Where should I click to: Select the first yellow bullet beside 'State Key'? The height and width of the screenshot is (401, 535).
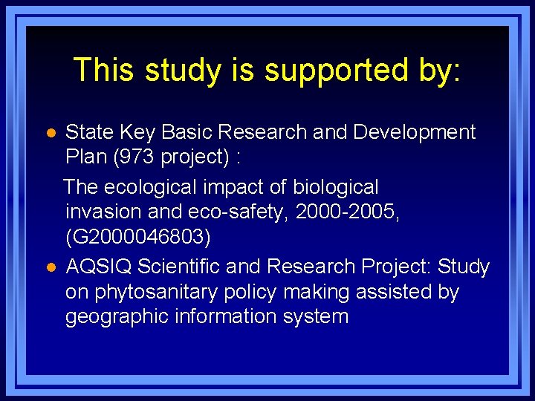click(x=50, y=133)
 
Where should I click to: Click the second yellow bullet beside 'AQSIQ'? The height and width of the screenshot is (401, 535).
click(x=50, y=267)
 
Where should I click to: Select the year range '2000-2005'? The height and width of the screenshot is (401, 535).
click(x=348, y=212)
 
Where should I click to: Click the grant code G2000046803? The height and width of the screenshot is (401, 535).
click(x=138, y=238)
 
